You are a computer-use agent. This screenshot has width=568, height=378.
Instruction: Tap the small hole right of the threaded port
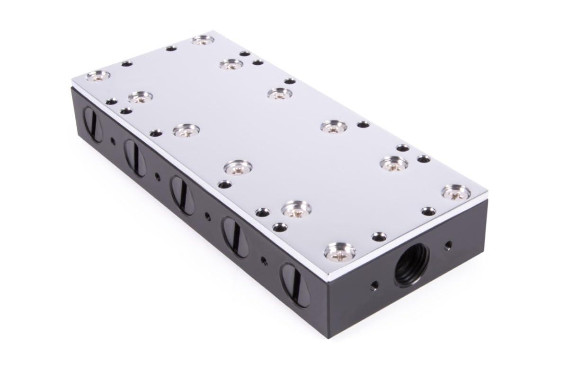tap(448, 245)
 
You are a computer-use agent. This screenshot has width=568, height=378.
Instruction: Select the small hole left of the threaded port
tap(374, 284)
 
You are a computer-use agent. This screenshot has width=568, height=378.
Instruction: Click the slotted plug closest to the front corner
tap(294, 284)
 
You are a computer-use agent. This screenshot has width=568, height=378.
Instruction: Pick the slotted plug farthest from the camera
tap(93, 124)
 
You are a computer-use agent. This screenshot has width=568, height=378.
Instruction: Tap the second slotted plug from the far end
tap(135, 157)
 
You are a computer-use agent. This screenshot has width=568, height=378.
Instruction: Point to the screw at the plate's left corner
tap(98, 75)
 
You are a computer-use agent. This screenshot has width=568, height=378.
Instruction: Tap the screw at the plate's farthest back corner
tap(203, 40)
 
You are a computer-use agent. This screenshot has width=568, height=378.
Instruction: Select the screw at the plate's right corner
tap(456, 192)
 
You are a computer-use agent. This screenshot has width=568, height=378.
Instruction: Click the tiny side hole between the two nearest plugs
tap(264, 258)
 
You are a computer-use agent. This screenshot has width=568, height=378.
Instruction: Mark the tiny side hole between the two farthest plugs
tap(113, 140)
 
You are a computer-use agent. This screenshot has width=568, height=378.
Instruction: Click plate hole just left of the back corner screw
tap(171, 48)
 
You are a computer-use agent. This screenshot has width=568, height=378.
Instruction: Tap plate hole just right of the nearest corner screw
tap(379, 236)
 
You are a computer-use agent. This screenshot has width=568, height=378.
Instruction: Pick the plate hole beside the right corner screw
tap(429, 211)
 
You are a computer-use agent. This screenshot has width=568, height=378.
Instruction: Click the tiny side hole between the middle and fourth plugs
tap(207, 215)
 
